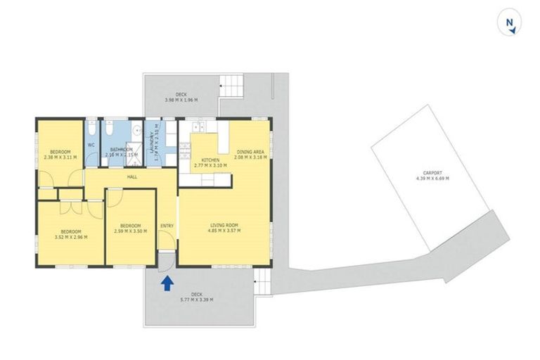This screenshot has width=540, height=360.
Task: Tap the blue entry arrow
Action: pos(167,283)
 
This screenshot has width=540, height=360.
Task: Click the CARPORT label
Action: pos(432,172)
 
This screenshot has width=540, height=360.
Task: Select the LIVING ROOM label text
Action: pos(225,225)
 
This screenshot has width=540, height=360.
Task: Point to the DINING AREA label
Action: pos(250,151)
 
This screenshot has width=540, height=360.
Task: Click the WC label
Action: pos(91,146)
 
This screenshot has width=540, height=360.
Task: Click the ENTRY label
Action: pos(167,225)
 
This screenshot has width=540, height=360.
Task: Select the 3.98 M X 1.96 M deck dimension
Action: pos(181,101)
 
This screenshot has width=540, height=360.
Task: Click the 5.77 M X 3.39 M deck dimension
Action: pos(195,300)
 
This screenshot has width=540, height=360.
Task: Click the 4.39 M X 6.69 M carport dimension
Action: pos(432,178)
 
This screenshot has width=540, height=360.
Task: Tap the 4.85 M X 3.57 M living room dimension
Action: pos(225,231)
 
